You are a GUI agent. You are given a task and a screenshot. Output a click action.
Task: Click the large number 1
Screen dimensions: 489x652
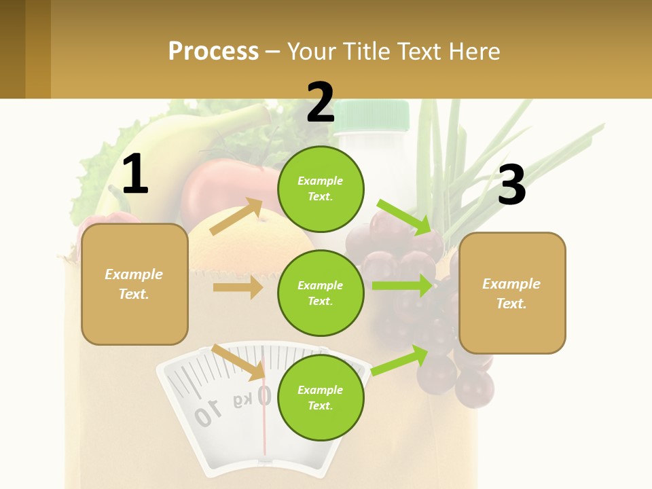[x=135, y=174]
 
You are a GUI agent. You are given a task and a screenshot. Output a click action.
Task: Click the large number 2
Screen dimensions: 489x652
[x=321, y=103]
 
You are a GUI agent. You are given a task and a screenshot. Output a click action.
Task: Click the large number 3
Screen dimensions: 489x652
[x=511, y=185]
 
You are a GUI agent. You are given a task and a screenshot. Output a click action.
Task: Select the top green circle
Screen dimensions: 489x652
[x=321, y=189]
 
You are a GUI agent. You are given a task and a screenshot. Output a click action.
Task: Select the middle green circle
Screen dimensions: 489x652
[x=321, y=293]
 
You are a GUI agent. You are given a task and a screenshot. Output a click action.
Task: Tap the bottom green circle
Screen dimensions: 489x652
[x=321, y=397]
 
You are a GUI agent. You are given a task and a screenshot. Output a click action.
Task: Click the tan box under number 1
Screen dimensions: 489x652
[x=134, y=284]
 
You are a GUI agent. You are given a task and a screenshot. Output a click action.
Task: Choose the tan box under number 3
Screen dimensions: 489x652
[x=512, y=293]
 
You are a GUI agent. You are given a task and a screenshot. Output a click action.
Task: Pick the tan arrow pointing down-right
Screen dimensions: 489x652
[x=238, y=362]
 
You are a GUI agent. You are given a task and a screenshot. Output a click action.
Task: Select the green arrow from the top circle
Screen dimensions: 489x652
[x=403, y=217]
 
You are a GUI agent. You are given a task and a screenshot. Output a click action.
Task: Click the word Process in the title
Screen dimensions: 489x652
[x=213, y=51]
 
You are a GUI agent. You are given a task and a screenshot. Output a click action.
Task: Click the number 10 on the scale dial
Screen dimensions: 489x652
[x=208, y=412]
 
